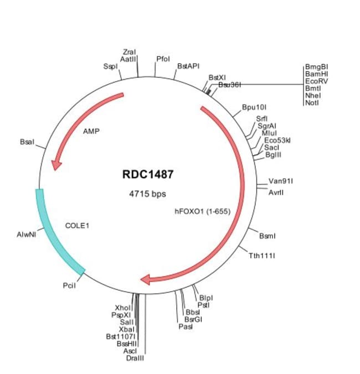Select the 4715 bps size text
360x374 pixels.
[147, 194]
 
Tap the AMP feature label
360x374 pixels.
[91, 132]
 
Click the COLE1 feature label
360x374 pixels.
[78, 226]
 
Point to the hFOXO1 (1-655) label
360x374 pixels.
[202, 211]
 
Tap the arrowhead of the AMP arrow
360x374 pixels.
[55, 164]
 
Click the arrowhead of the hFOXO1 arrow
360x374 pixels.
[146, 280]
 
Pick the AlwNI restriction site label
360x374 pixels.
[27, 235]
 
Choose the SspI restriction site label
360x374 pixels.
[110, 66]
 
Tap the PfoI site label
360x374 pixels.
[163, 58]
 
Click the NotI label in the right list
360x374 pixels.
[312, 102]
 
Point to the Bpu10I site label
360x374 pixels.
[254, 106]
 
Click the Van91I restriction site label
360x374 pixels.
[281, 181]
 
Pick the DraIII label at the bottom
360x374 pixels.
[135, 358]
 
